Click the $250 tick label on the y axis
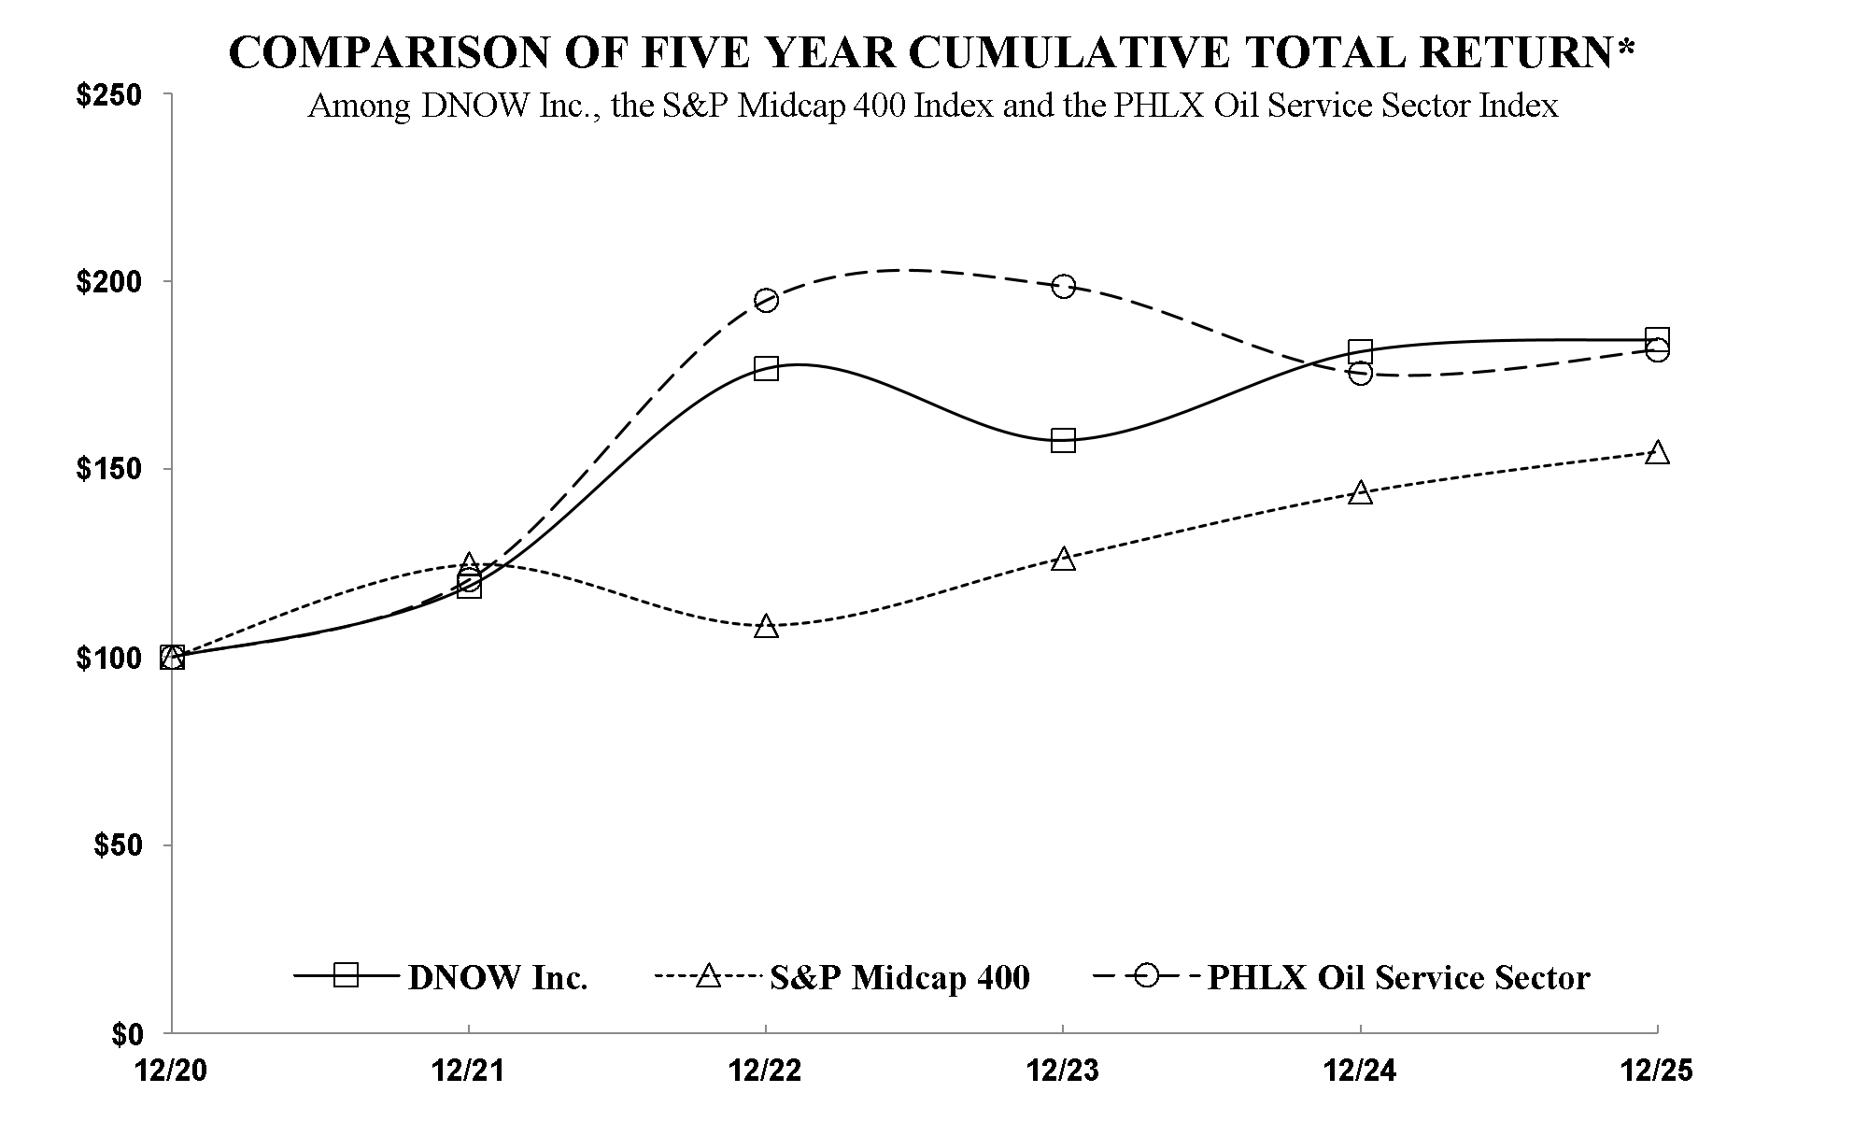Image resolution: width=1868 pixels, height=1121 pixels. pos(107,97)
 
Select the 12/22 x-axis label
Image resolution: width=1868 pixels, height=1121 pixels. pos(765,1071)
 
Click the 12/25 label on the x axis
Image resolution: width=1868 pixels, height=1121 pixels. pos(1657,1071)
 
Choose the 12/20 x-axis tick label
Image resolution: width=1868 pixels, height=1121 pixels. pos(171,1071)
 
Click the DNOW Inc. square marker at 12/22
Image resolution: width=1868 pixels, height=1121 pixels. pos(766,367)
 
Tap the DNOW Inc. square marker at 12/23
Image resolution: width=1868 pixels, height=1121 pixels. pos(1063,440)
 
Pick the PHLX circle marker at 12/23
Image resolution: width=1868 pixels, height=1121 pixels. pos(1063,286)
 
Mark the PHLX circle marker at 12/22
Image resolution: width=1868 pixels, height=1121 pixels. pos(766,300)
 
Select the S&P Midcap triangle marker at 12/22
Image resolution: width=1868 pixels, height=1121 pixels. pos(766,626)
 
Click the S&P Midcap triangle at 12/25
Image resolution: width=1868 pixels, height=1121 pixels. pos(1657,453)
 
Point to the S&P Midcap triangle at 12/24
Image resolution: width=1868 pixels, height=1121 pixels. pos(1361,493)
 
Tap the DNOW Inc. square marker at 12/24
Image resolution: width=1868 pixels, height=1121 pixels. pos(1361,351)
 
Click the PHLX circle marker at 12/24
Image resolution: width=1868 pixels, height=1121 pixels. pos(1361,374)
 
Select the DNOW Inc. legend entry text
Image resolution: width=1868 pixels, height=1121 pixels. pos(498,977)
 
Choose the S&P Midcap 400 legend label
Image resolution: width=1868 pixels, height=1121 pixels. pos(899,977)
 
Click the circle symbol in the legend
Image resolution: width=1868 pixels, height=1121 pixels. pos(1147,975)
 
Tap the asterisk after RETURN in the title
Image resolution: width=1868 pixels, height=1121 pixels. pos(1627,47)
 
